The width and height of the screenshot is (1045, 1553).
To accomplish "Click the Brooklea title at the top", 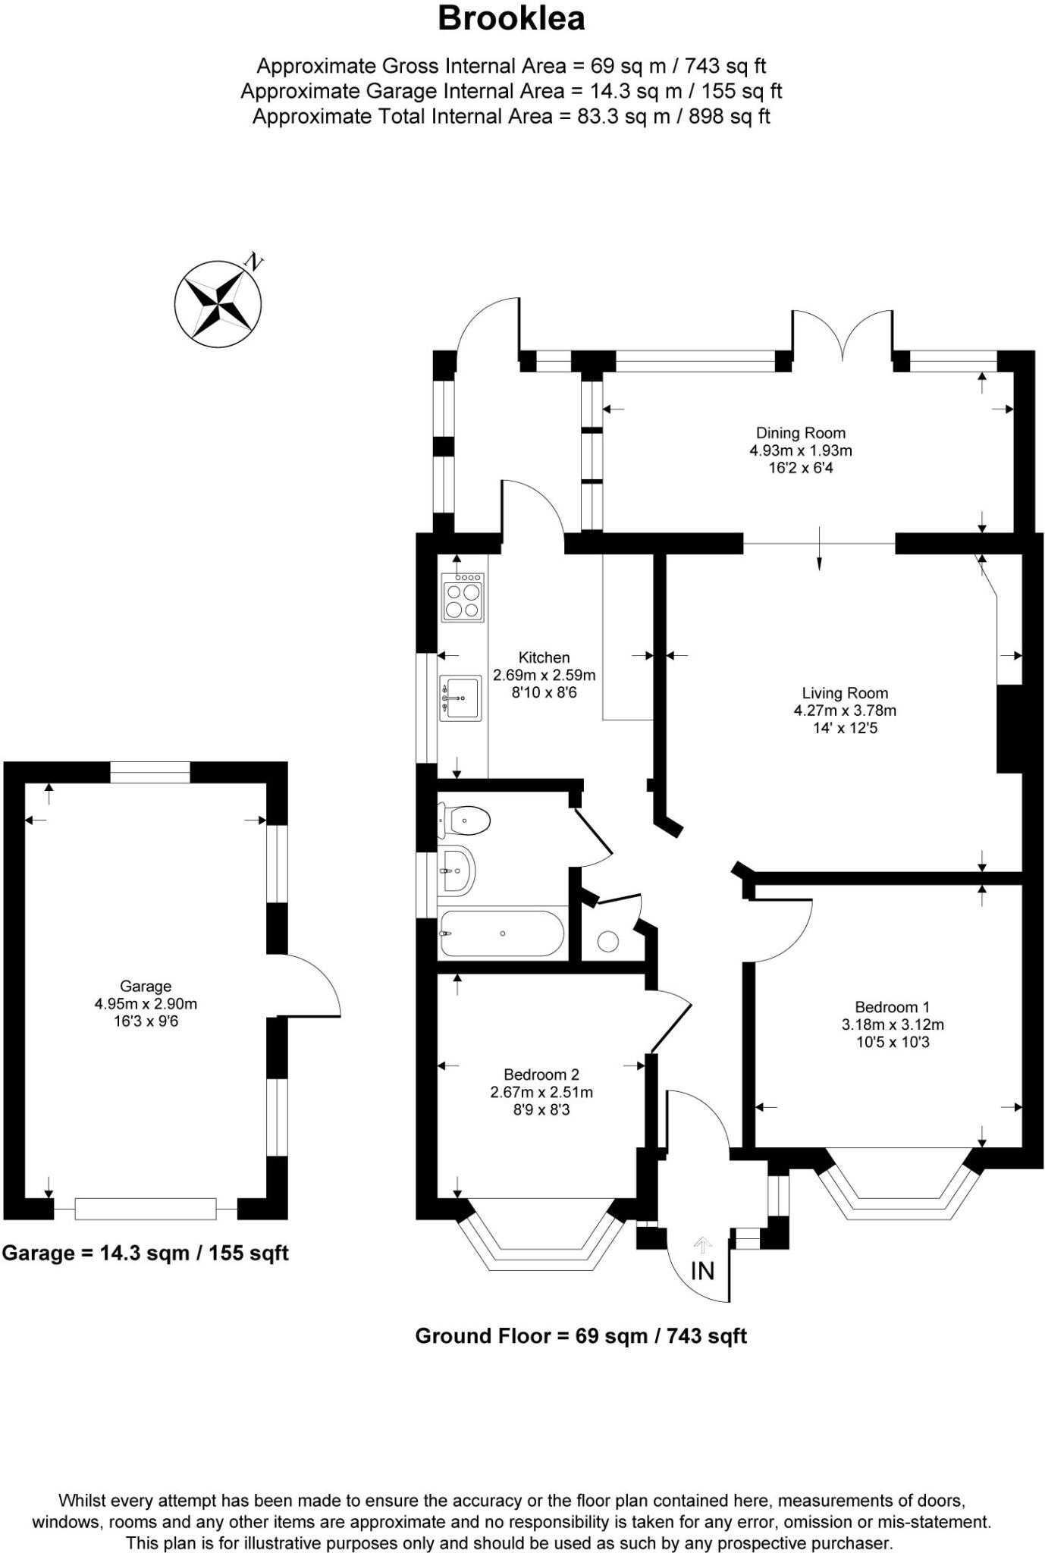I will [x=511, y=18].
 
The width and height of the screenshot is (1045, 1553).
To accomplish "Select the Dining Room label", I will [x=800, y=433].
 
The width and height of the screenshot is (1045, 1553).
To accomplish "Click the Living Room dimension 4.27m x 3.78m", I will [x=845, y=711].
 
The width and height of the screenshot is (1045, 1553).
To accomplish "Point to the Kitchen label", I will [x=544, y=657].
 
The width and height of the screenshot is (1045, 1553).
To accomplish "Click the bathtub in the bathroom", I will [x=502, y=933].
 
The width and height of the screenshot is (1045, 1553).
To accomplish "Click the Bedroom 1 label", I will [x=892, y=1007].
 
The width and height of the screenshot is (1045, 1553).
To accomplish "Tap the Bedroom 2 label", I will [x=541, y=1075].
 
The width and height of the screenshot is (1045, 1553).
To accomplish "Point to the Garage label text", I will [x=146, y=987].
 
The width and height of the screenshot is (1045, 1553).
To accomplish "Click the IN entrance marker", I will [x=702, y=1270].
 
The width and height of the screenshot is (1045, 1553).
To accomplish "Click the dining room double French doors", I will [x=843, y=335].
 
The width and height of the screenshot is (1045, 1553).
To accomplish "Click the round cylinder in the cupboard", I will [x=608, y=942].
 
